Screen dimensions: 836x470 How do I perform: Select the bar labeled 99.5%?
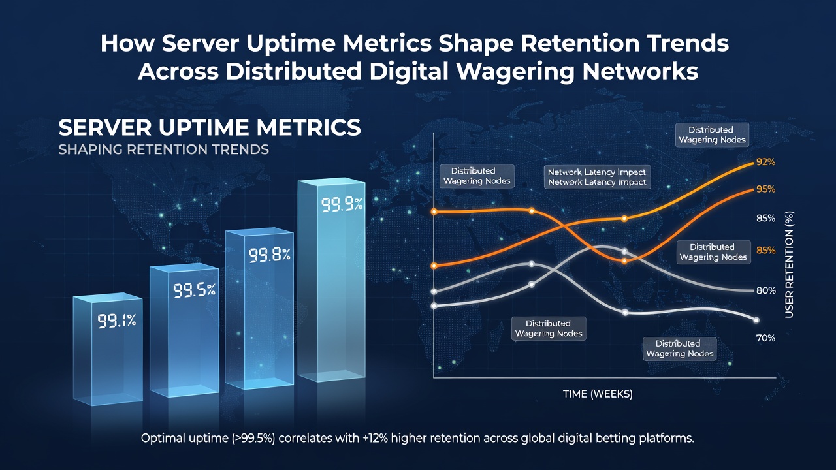point(184,330)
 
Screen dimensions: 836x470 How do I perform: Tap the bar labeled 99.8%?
point(259,309)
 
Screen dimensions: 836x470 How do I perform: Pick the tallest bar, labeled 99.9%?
point(331,280)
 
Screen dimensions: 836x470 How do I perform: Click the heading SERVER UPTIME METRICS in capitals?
point(210,127)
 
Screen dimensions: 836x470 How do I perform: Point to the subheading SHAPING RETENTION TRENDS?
point(163,149)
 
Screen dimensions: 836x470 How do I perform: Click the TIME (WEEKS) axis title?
point(598,394)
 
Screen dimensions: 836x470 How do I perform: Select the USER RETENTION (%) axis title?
point(789,265)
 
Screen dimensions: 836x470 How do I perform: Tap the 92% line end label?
point(765,163)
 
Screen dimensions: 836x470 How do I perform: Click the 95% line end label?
point(765,189)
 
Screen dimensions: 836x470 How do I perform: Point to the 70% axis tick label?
point(765,338)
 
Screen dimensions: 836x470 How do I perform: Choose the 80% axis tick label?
point(766,291)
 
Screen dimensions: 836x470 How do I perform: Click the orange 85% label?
point(766,250)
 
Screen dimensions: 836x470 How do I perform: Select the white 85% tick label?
point(765,218)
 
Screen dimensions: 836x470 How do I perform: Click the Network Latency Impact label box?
point(597,177)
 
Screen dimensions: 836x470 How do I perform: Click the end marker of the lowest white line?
point(756,320)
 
